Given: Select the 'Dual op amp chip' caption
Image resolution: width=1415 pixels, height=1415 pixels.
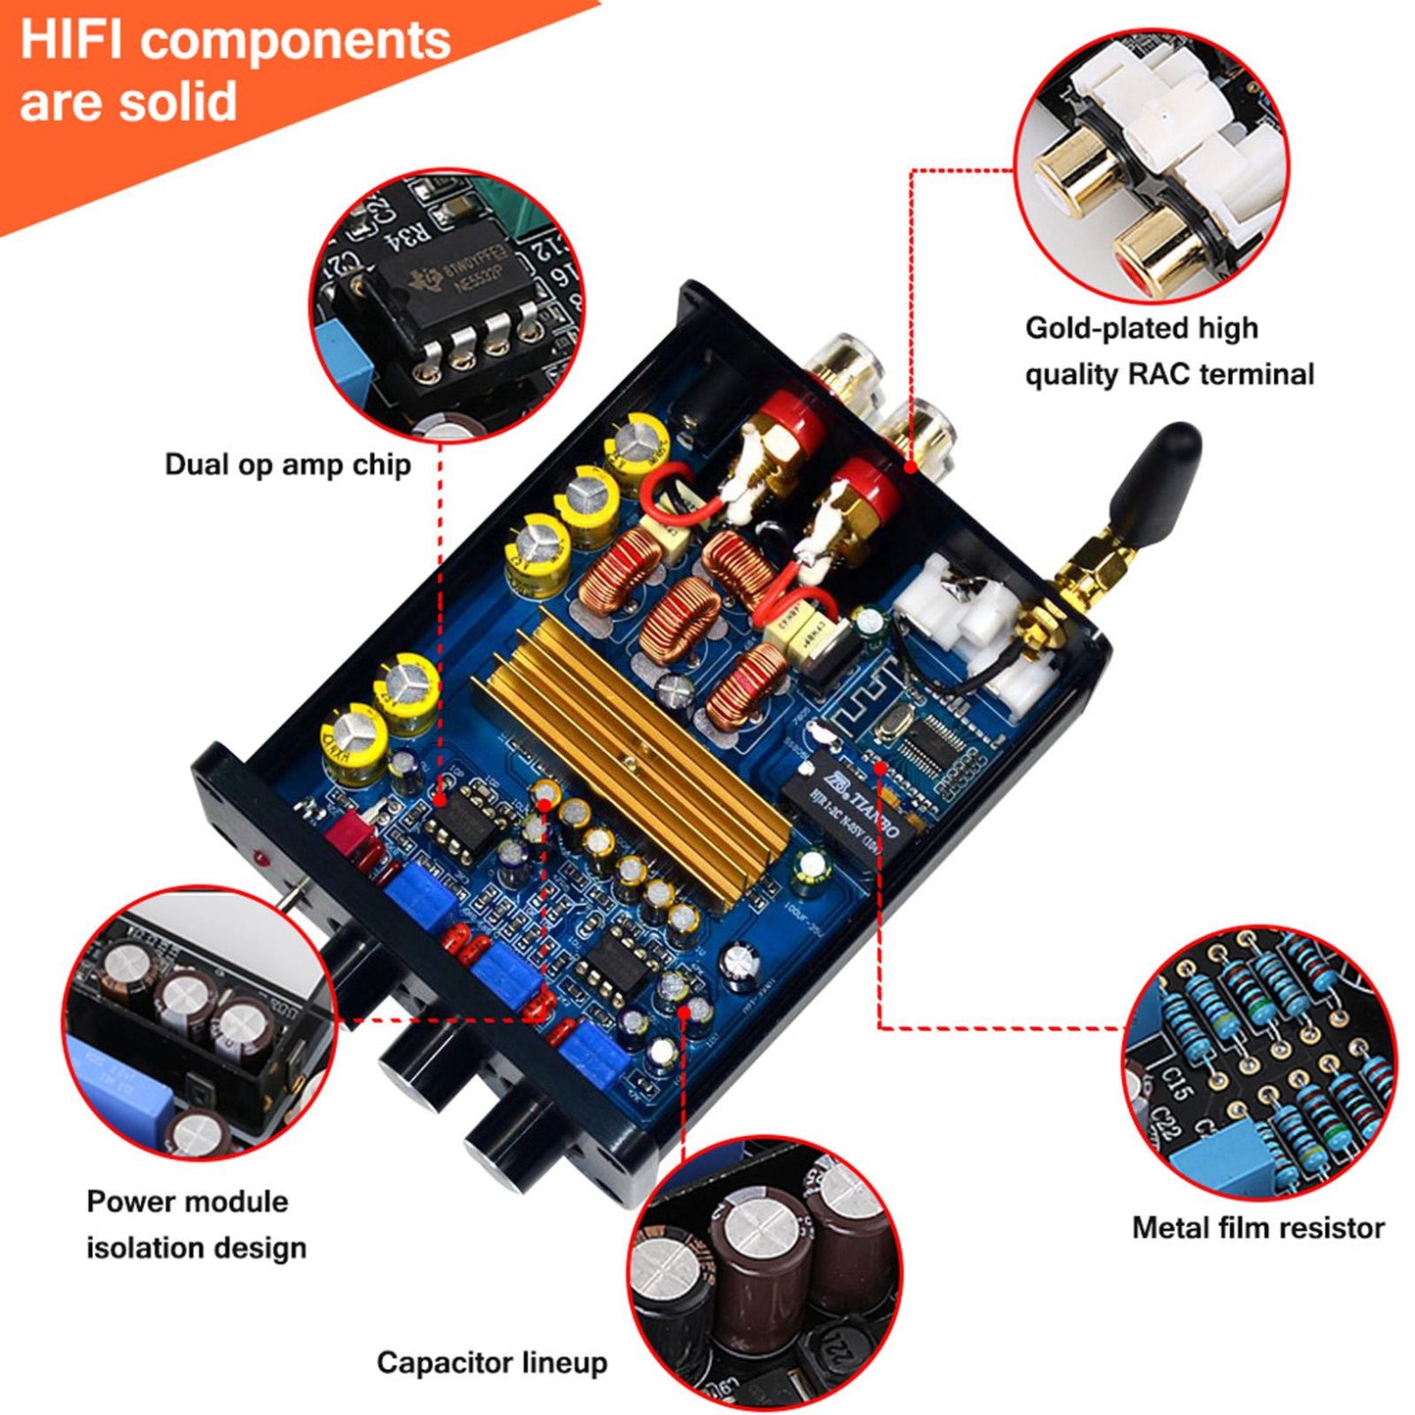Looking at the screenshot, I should click(287, 464).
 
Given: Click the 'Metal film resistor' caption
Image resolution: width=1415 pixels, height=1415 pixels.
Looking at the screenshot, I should click(1257, 1228).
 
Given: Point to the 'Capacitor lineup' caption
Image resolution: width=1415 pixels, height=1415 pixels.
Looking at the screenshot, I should click(492, 1362).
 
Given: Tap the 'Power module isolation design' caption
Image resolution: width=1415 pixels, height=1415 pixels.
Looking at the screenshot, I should click(196, 1224).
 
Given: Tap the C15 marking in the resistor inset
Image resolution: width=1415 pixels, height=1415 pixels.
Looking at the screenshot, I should click(1175, 1083).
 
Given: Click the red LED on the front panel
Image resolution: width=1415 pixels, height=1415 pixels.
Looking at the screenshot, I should click(262, 859).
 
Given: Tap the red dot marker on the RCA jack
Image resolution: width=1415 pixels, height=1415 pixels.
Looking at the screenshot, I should click(911, 467).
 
